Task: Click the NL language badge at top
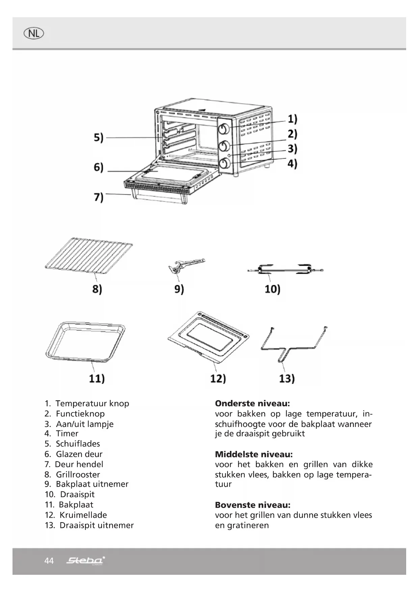(34, 33)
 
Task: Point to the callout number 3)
(292, 149)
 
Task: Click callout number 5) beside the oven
(99, 138)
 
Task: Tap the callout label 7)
(99, 197)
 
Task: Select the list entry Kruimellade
(83, 515)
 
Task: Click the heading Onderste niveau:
(252, 404)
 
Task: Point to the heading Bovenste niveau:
(253, 505)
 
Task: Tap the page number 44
(49, 561)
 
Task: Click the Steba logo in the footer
(85, 561)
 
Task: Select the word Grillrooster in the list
(78, 475)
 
